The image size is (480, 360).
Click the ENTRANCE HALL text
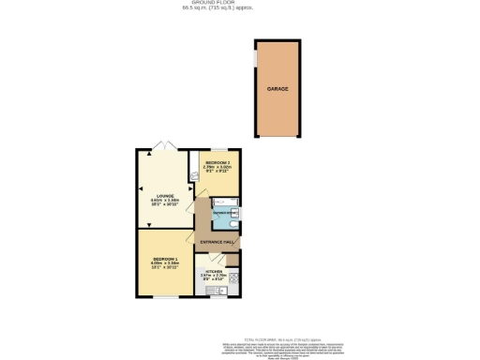pos(217,242)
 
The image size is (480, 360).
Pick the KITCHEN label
pos(215,269)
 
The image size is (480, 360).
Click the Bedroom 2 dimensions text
pos(217,171)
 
